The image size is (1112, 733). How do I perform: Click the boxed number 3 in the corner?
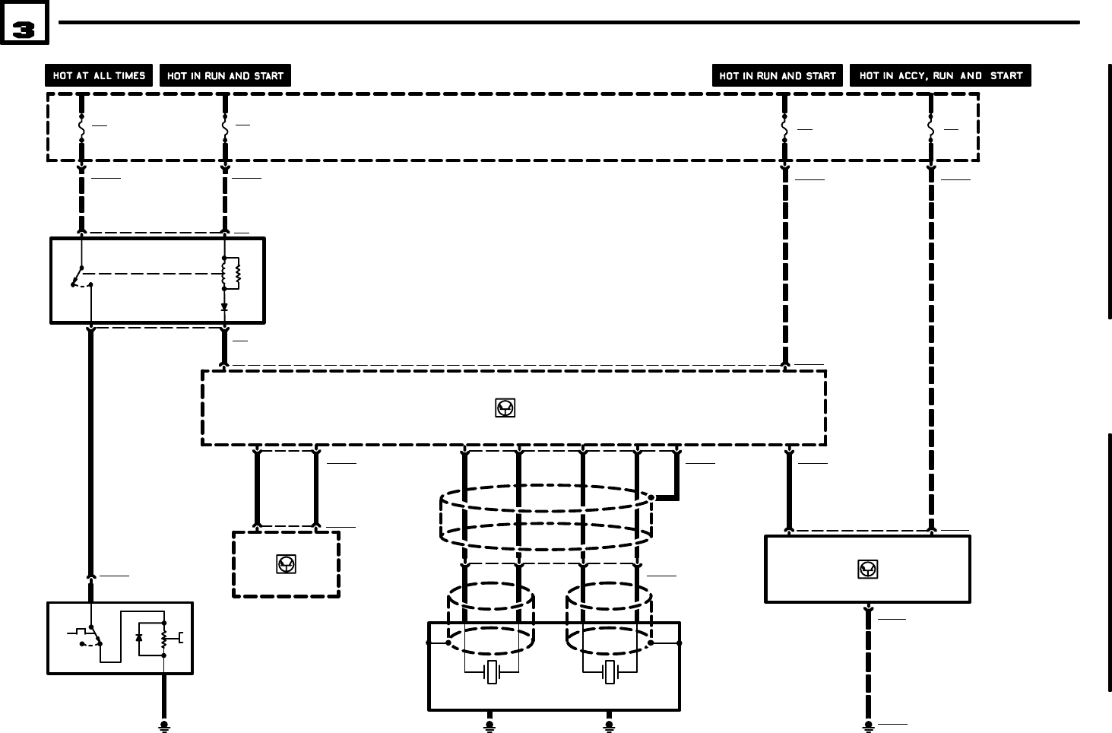coord(24,28)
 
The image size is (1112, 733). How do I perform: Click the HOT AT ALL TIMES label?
coord(99,76)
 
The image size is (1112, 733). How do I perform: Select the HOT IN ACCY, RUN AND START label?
coord(940,76)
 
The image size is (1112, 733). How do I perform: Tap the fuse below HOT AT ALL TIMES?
coord(81,128)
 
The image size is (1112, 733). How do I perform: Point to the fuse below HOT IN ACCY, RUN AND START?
coord(930,129)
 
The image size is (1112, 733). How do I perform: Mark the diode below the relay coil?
coord(224,307)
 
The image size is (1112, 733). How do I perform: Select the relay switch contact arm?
coord(78,276)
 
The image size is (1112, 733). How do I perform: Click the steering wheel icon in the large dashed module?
coord(505,408)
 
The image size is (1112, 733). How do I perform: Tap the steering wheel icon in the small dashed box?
coord(286,564)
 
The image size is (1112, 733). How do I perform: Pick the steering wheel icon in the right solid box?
coord(867,569)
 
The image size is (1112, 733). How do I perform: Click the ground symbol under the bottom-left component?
coord(163,727)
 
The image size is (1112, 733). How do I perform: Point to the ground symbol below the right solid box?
coord(868,726)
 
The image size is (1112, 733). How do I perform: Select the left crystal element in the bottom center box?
coord(492,672)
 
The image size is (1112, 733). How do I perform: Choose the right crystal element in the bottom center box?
coord(609,672)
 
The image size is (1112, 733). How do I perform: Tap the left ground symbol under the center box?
coord(489,726)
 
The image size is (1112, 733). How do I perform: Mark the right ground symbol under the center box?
coord(608,726)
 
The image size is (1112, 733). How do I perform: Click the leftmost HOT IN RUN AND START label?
coord(225,76)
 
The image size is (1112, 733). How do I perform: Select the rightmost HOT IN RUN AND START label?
coord(777,76)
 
